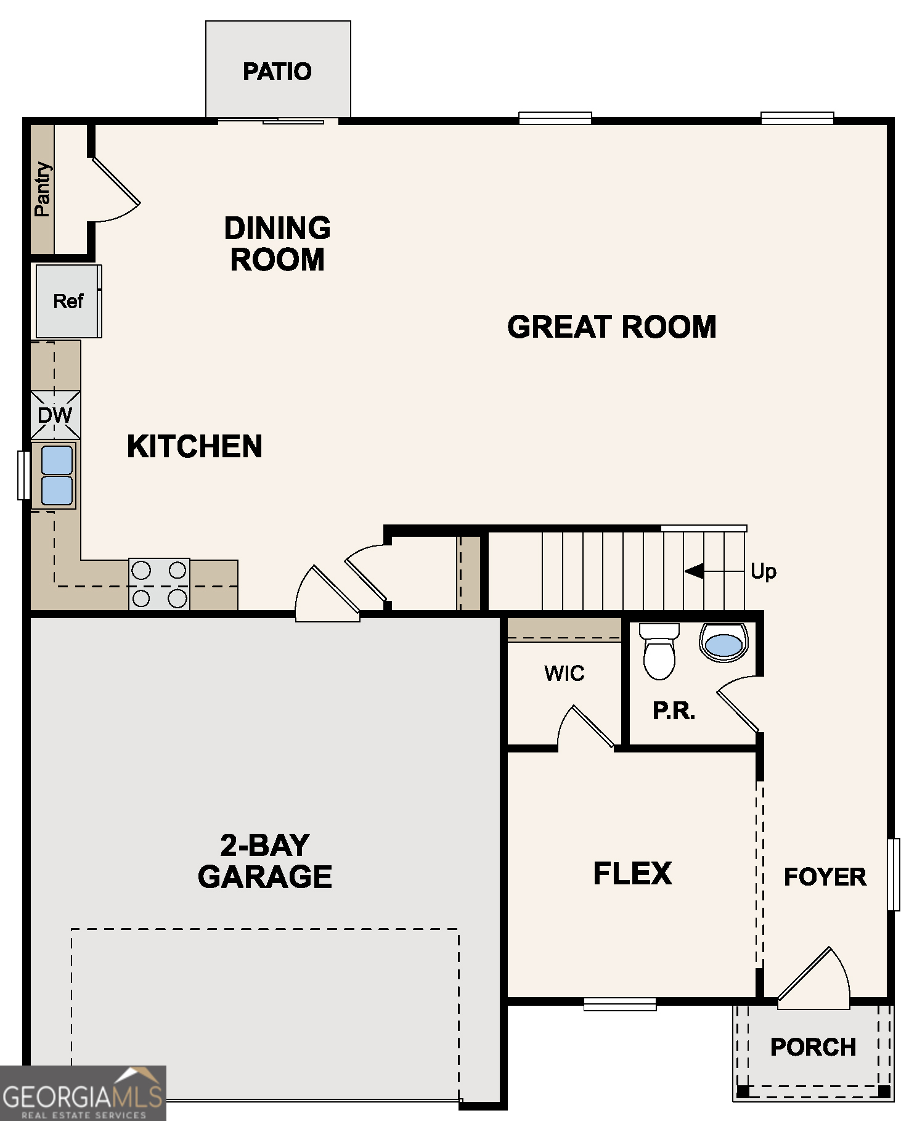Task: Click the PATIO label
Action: (277, 71)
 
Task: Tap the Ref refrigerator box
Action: (68, 301)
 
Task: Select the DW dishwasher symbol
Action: (55, 415)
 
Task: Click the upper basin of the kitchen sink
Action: (57, 460)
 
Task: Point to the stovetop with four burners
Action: (159, 584)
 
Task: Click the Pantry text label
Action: (42, 189)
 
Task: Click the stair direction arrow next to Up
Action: (695, 571)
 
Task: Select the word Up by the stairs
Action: (763, 571)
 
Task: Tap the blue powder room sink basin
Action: (723, 645)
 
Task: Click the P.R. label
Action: (674, 711)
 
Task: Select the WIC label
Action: (564, 674)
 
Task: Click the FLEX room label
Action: (632, 873)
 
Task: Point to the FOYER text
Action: (825, 877)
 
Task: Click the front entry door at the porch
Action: (813, 980)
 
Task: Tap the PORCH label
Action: (813, 1047)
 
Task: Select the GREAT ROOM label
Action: (611, 327)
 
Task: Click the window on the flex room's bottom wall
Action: (620, 1004)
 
